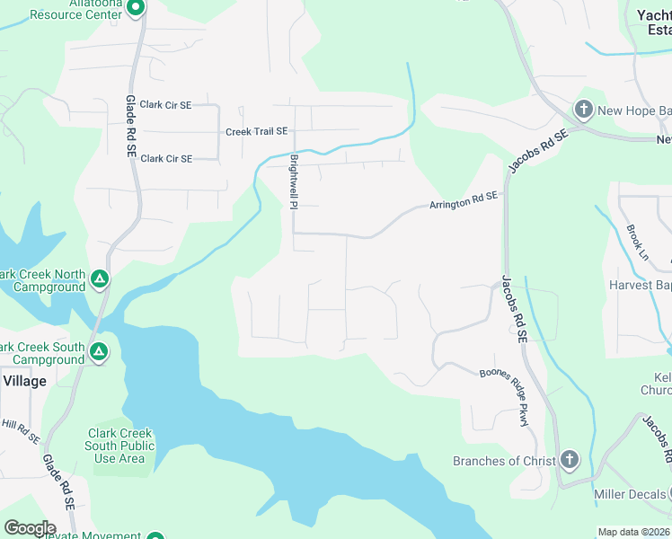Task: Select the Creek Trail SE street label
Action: coord(256,131)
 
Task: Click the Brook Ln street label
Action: coord(637,242)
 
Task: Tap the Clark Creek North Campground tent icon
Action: coord(100,281)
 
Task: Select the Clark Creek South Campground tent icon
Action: coord(100,353)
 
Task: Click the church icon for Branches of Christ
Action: coord(568,461)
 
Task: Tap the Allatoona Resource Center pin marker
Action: coord(135,9)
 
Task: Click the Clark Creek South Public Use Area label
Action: coord(120,446)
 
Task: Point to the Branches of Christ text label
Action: coord(499,461)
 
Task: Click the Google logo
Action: coord(30,527)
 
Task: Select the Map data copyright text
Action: coord(634,532)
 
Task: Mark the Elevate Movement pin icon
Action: coord(155,535)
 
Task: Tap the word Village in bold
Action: coord(24,381)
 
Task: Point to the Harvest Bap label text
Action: coord(640,285)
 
